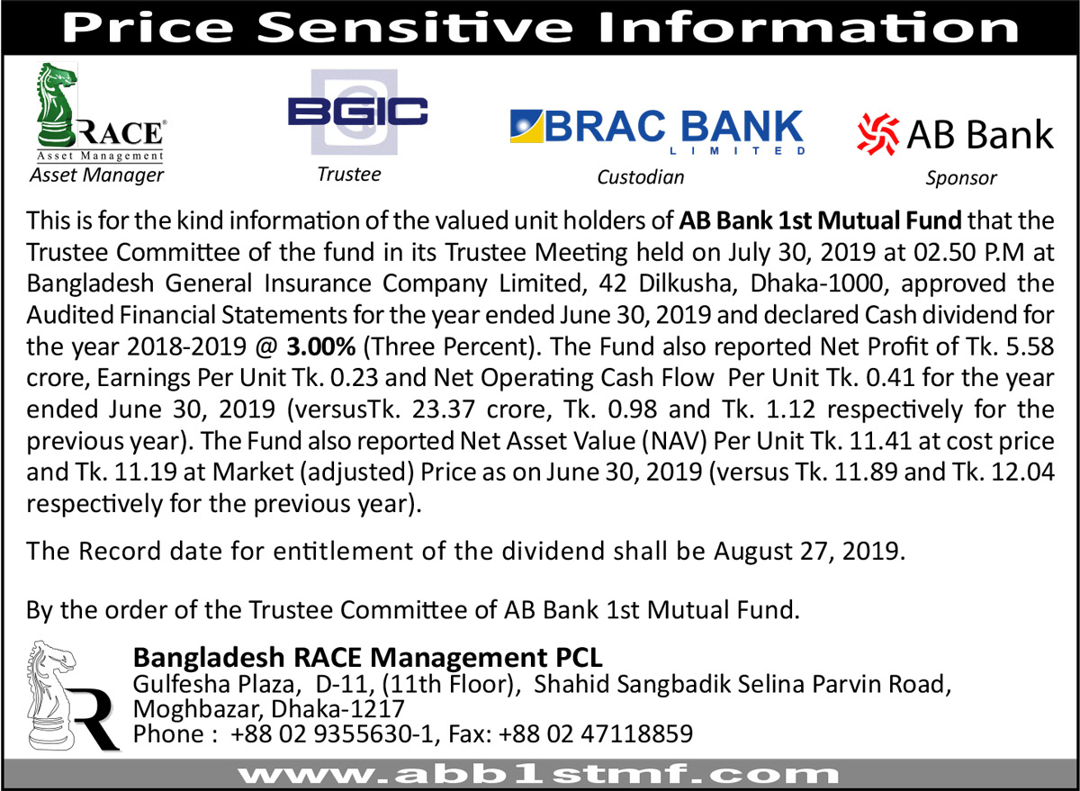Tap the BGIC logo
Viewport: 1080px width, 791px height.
(357, 112)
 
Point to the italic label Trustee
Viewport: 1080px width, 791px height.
(349, 174)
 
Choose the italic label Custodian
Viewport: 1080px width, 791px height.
(640, 177)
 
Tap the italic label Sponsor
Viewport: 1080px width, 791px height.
(961, 178)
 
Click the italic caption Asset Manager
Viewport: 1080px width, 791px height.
(97, 175)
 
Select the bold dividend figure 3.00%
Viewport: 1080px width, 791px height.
(321, 346)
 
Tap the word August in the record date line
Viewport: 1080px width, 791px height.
(751, 551)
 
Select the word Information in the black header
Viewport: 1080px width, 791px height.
(808, 28)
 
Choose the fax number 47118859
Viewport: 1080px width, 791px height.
(637, 733)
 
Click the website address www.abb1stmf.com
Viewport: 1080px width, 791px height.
(538, 775)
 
